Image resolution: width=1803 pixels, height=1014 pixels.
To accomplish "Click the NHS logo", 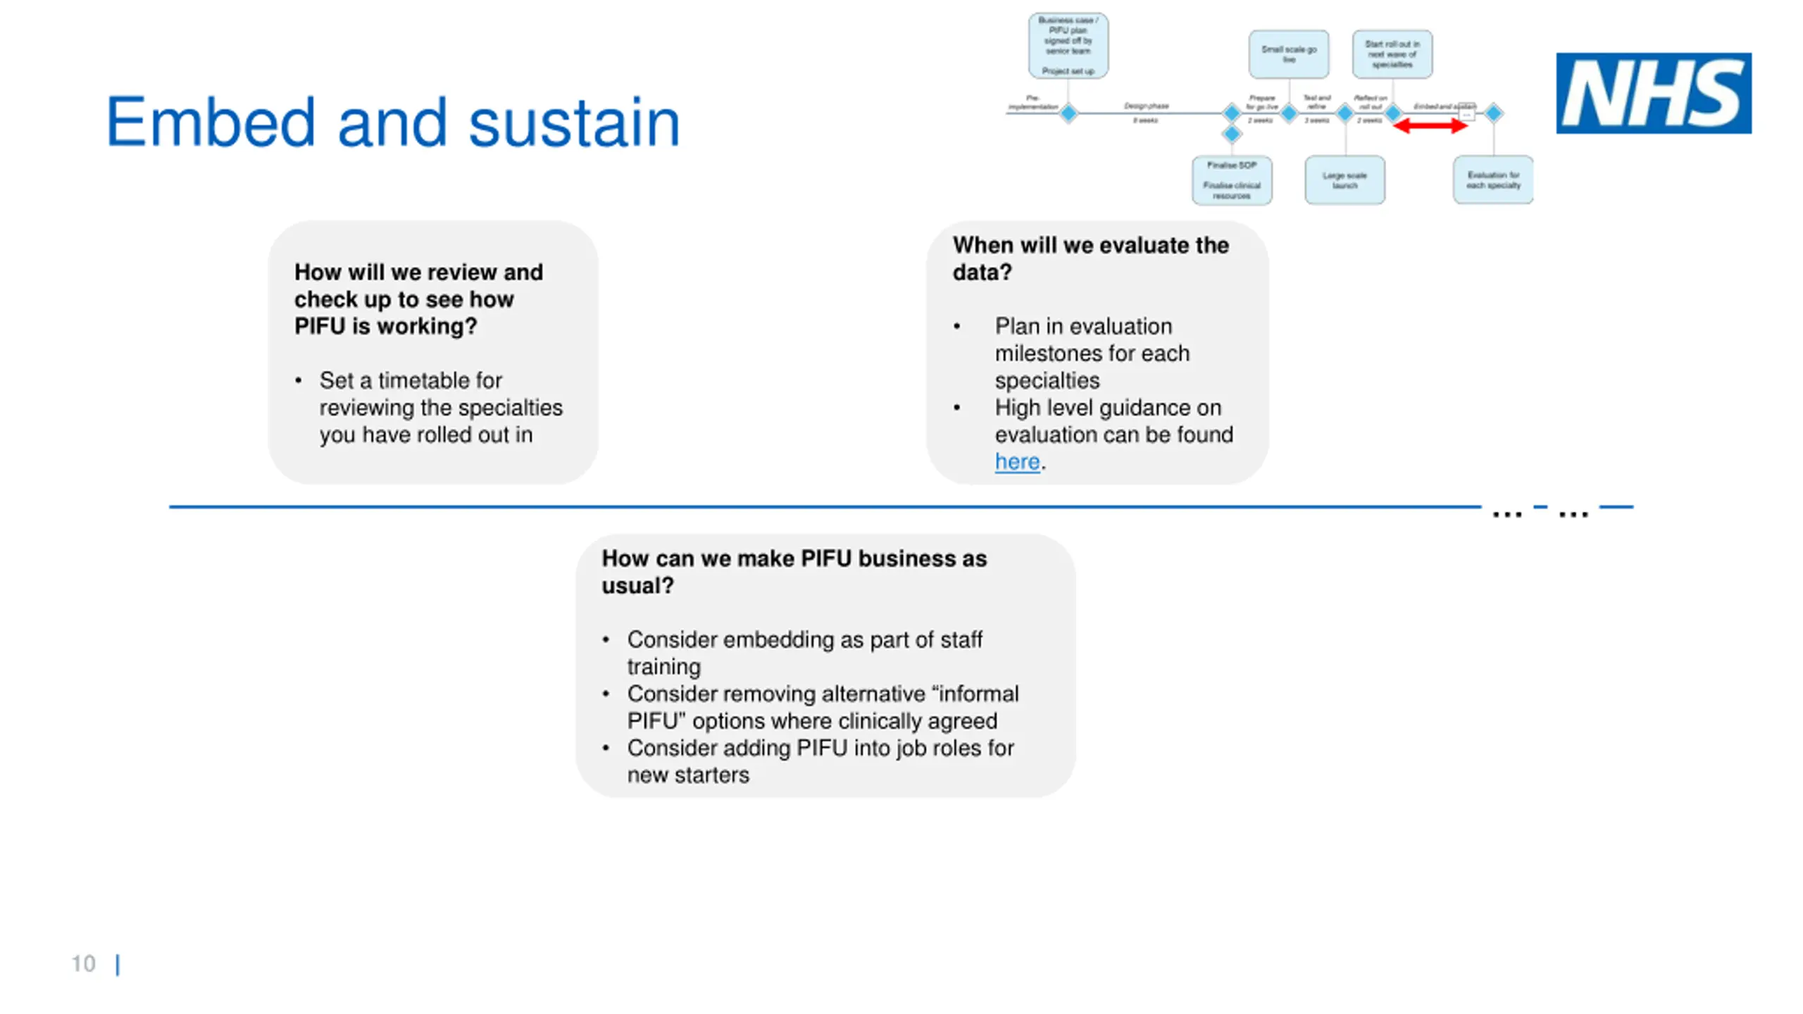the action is (1653, 93).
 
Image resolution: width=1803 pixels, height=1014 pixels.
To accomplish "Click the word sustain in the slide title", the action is (574, 123).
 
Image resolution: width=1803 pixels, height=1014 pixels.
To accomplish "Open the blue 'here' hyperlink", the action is (1016, 462).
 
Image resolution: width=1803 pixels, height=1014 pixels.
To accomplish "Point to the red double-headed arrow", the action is (1430, 126).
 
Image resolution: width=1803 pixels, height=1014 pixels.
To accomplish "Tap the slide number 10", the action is (83, 963).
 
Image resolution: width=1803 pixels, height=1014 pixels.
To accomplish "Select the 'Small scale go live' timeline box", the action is (1288, 54).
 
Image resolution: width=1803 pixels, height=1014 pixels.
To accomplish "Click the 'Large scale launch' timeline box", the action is (1344, 180).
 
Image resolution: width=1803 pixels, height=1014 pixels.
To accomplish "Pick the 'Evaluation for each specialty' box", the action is (1492, 180).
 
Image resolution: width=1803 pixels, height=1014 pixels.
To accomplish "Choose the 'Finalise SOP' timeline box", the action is (1231, 180).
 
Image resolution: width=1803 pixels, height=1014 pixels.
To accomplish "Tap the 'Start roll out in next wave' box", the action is (1392, 54).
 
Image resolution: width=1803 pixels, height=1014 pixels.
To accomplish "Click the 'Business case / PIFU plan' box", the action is (1068, 46).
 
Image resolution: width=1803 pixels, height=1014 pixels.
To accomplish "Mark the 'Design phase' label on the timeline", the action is (1146, 106).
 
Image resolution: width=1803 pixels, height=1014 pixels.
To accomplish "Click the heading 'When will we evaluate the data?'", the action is (1090, 258).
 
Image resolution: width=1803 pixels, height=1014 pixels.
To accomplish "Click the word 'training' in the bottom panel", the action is (663, 666).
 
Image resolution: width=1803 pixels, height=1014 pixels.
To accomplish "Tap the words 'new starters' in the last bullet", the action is (688, 775).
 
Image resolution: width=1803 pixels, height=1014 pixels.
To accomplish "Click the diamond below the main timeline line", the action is (1231, 134).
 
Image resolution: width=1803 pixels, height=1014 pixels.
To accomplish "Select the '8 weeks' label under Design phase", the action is (1145, 120).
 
